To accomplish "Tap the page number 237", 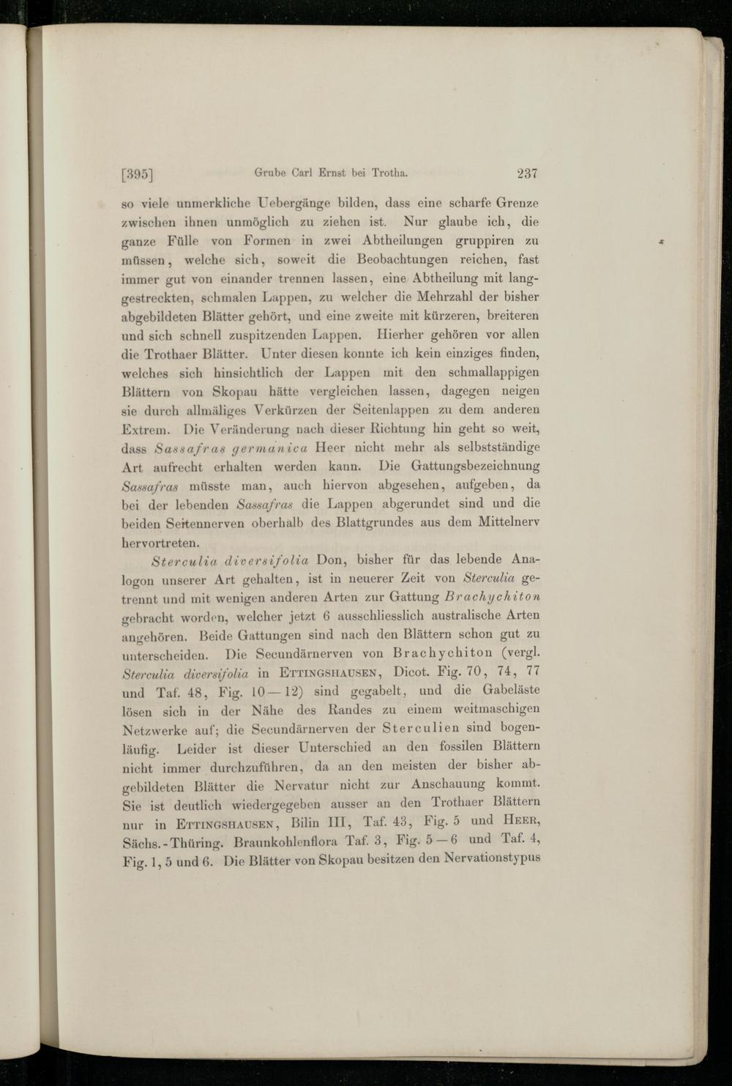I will (527, 174).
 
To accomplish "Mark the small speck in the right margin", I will (662, 240).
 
